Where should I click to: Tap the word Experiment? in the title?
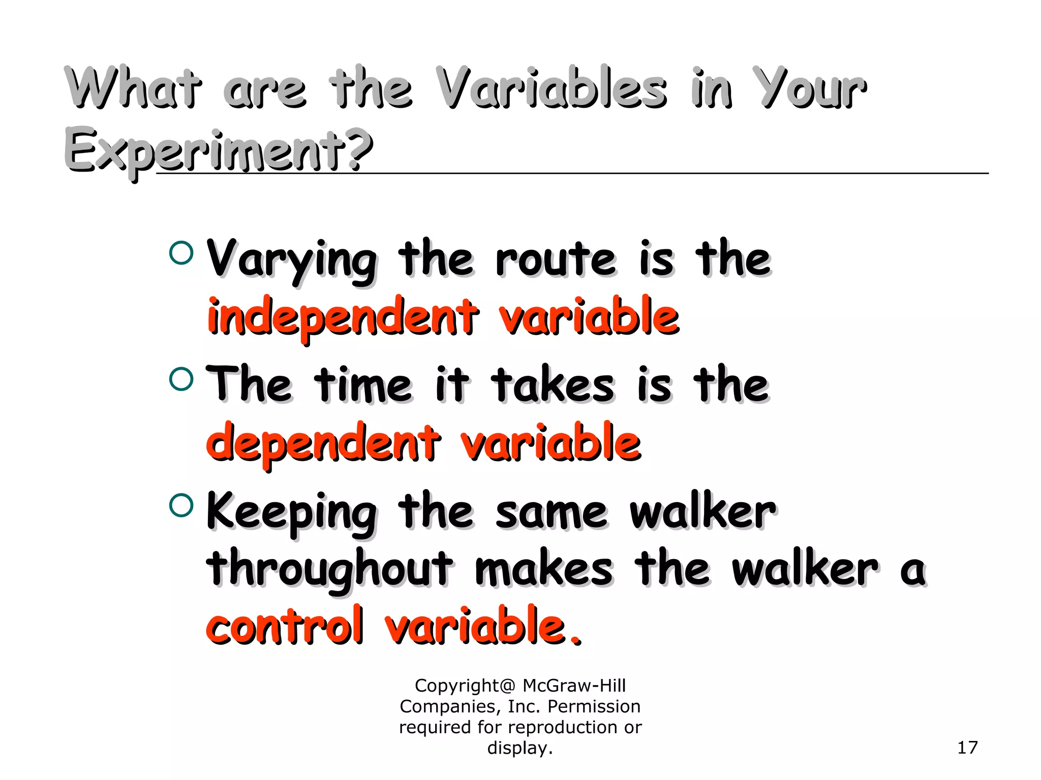[219, 150]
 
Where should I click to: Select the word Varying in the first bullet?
[292, 260]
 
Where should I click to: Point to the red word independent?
[343, 318]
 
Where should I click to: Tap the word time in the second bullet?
[363, 385]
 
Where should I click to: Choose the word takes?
[553, 385]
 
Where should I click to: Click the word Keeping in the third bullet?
[292, 513]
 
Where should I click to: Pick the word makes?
[544, 569]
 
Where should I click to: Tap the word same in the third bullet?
[552, 513]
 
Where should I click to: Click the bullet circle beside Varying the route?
[181, 252]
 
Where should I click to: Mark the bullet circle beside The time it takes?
[181, 378]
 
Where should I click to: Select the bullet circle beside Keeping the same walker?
[181, 505]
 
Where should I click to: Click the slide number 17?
[967, 747]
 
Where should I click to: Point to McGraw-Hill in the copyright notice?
[574, 686]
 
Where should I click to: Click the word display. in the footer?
[520, 748]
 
